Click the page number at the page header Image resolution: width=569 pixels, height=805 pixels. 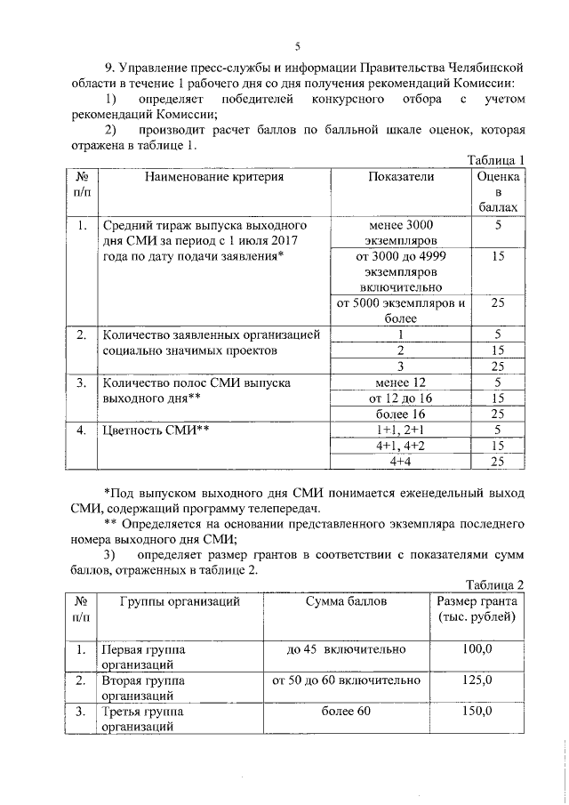pos(298,46)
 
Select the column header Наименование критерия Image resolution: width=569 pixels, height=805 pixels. pos(210,177)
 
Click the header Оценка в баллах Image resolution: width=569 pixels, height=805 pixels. pos(498,191)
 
